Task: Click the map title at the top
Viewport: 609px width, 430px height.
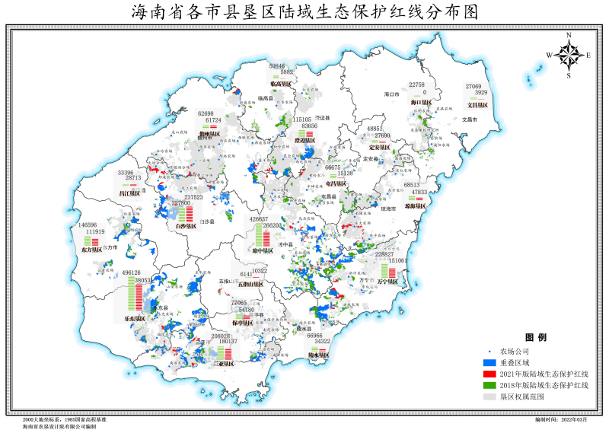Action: click(305, 11)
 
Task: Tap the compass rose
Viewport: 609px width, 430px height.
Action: click(568, 54)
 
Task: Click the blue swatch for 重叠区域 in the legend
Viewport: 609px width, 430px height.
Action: click(491, 362)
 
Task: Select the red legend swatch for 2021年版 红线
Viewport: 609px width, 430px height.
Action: click(491, 374)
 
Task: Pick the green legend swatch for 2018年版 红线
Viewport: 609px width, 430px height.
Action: click(491, 385)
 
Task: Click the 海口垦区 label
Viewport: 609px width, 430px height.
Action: click(421, 102)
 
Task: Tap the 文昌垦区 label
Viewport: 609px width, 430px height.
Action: click(477, 105)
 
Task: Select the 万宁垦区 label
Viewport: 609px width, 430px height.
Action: click(388, 281)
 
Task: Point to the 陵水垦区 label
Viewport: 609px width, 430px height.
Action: click(319, 355)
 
